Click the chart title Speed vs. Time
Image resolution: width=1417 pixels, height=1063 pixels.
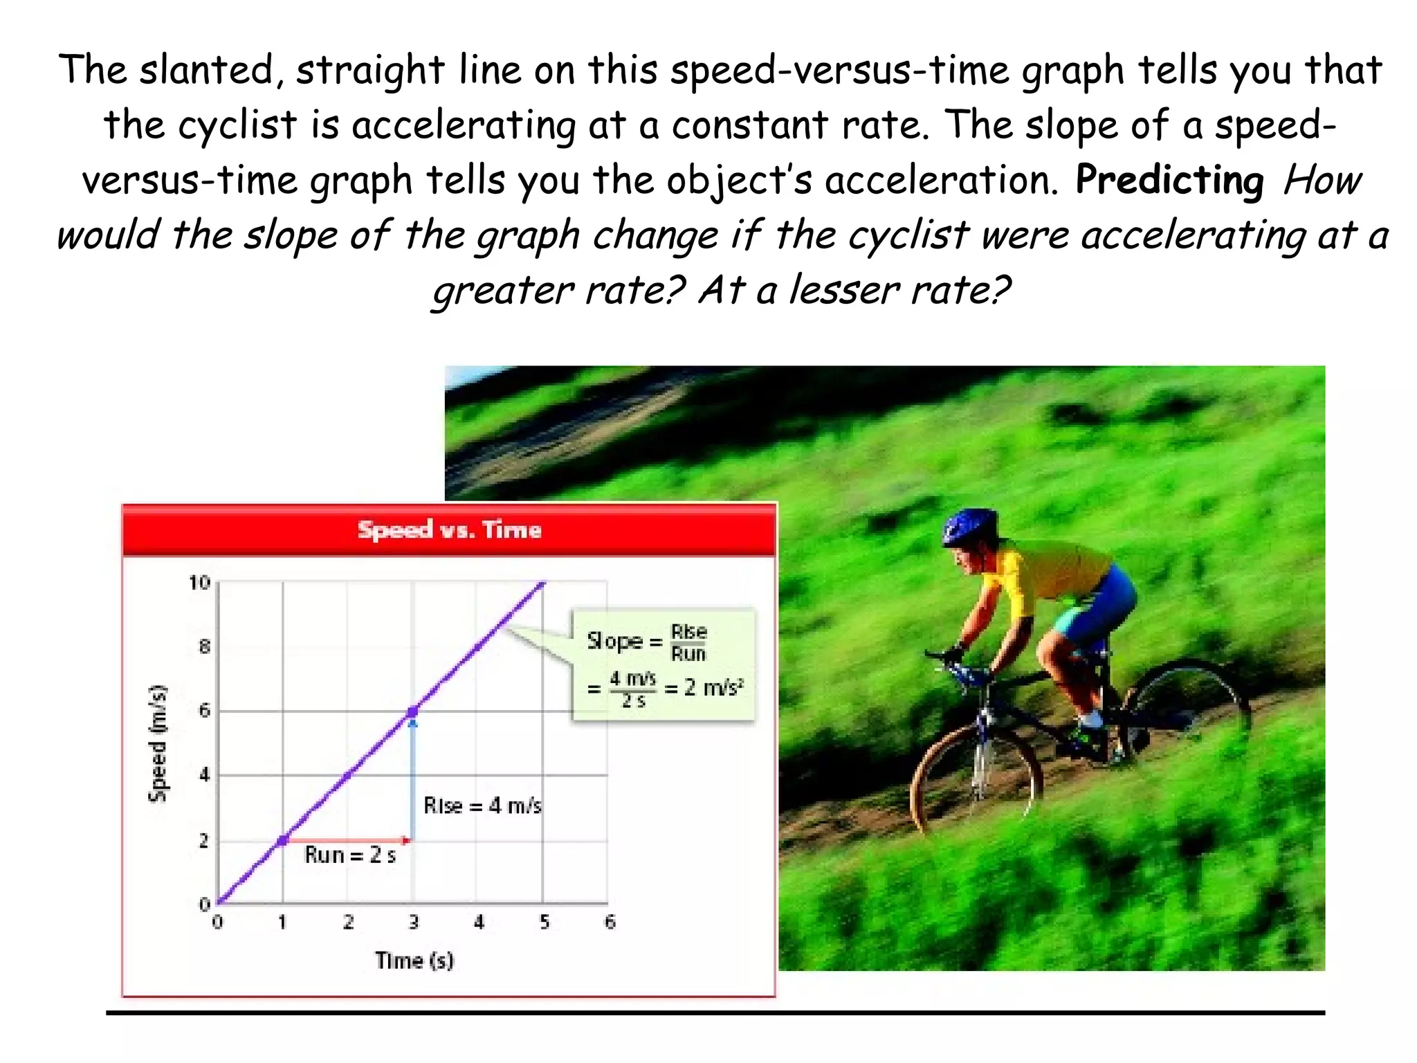(449, 530)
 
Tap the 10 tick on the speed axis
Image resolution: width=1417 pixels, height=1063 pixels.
(199, 583)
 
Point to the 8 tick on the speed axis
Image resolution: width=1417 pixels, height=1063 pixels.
(204, 647)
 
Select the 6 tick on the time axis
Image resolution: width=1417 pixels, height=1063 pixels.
(610, 922)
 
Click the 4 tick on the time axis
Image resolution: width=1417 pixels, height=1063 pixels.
(479, 922)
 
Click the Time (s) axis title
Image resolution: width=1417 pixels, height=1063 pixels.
(414, 961)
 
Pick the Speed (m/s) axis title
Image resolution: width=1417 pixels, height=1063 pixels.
(158, 743)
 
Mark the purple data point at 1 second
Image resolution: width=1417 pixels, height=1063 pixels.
(283, 841)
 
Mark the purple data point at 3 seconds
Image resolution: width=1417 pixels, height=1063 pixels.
(413, 711)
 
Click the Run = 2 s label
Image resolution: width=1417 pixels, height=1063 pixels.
(350, 855)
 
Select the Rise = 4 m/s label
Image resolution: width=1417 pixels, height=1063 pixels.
(482, 806)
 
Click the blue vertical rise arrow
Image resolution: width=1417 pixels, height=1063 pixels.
(413, 779)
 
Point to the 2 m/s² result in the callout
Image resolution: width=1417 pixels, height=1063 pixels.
(713, 687)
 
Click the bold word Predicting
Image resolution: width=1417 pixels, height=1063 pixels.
(1169, 180)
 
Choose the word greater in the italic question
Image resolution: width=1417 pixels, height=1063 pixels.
(502, 290)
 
